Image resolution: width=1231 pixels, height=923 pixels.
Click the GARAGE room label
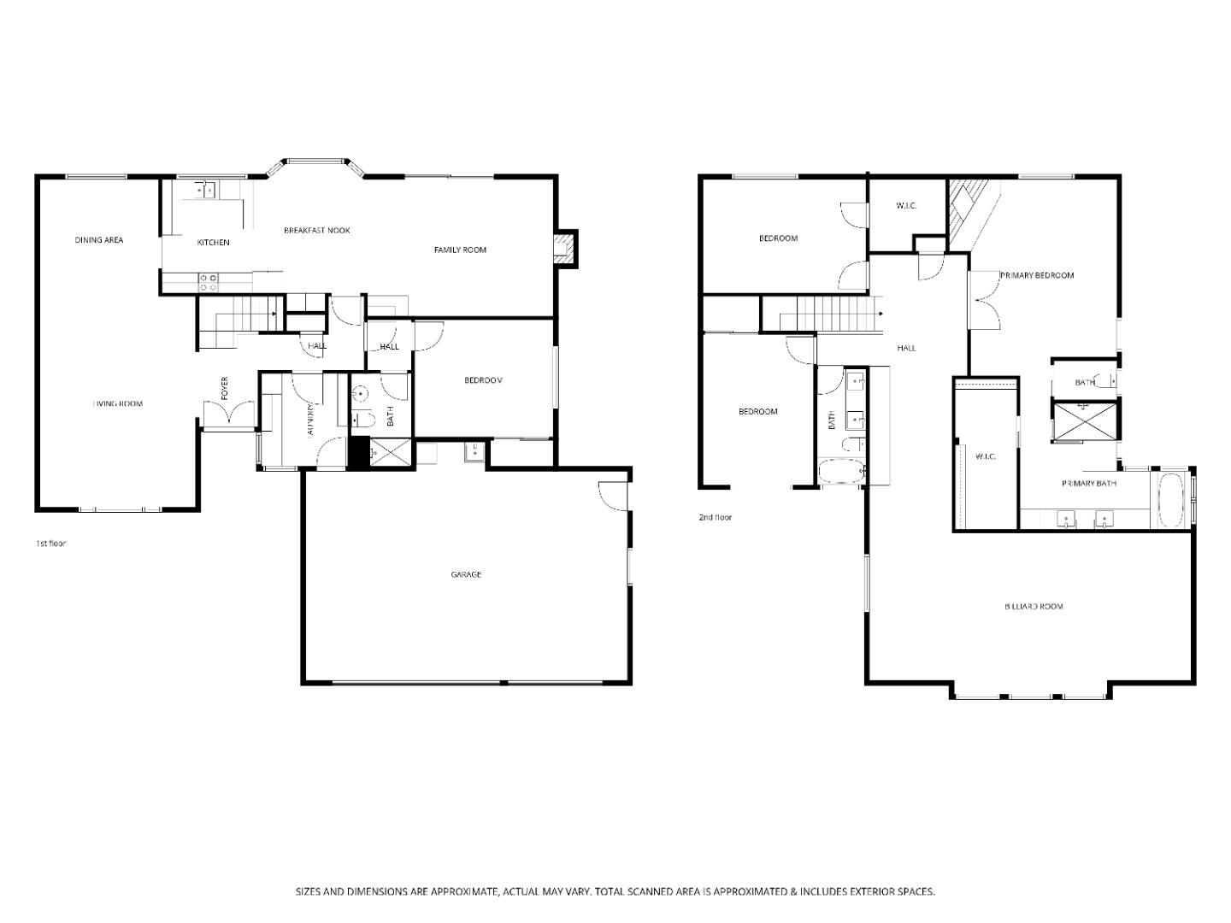coord(466,574)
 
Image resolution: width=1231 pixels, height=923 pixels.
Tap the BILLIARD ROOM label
coord(1034,606)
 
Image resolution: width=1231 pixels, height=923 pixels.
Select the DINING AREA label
coord(99,240)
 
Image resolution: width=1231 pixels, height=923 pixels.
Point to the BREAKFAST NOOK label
coord(316,230)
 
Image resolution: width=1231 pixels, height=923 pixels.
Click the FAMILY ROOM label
coord(460,250)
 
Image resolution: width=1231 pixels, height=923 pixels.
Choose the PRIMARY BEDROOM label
coord(1037,275)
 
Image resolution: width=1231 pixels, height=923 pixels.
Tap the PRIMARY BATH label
coord(1089,483)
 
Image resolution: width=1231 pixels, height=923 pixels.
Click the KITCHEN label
coord(213,243)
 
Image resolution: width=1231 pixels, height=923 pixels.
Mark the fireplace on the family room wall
coord(564,248)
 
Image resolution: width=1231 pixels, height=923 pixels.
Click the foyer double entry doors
coord(228,414)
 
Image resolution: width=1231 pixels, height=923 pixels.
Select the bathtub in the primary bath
coord(1170,501)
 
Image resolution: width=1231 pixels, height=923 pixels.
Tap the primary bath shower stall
coord(1082,420)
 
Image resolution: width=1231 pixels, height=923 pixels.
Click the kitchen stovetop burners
coord(208,278)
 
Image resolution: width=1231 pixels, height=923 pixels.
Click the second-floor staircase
coord(829,314)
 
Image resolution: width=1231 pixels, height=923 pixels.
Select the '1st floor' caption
coord(50,544)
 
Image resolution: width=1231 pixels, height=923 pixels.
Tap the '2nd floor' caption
coord(716,517)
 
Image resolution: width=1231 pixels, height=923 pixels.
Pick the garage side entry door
coord(612,496)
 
